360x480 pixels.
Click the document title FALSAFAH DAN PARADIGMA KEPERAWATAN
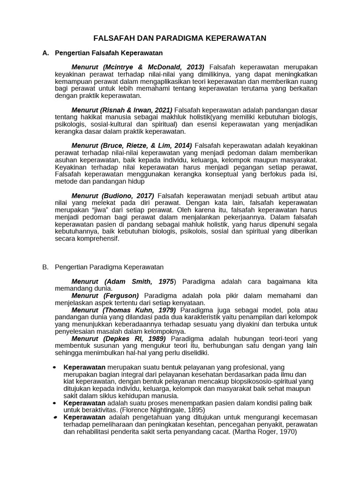180,38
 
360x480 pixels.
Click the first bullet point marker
55,367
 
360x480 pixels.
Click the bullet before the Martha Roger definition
55,417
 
